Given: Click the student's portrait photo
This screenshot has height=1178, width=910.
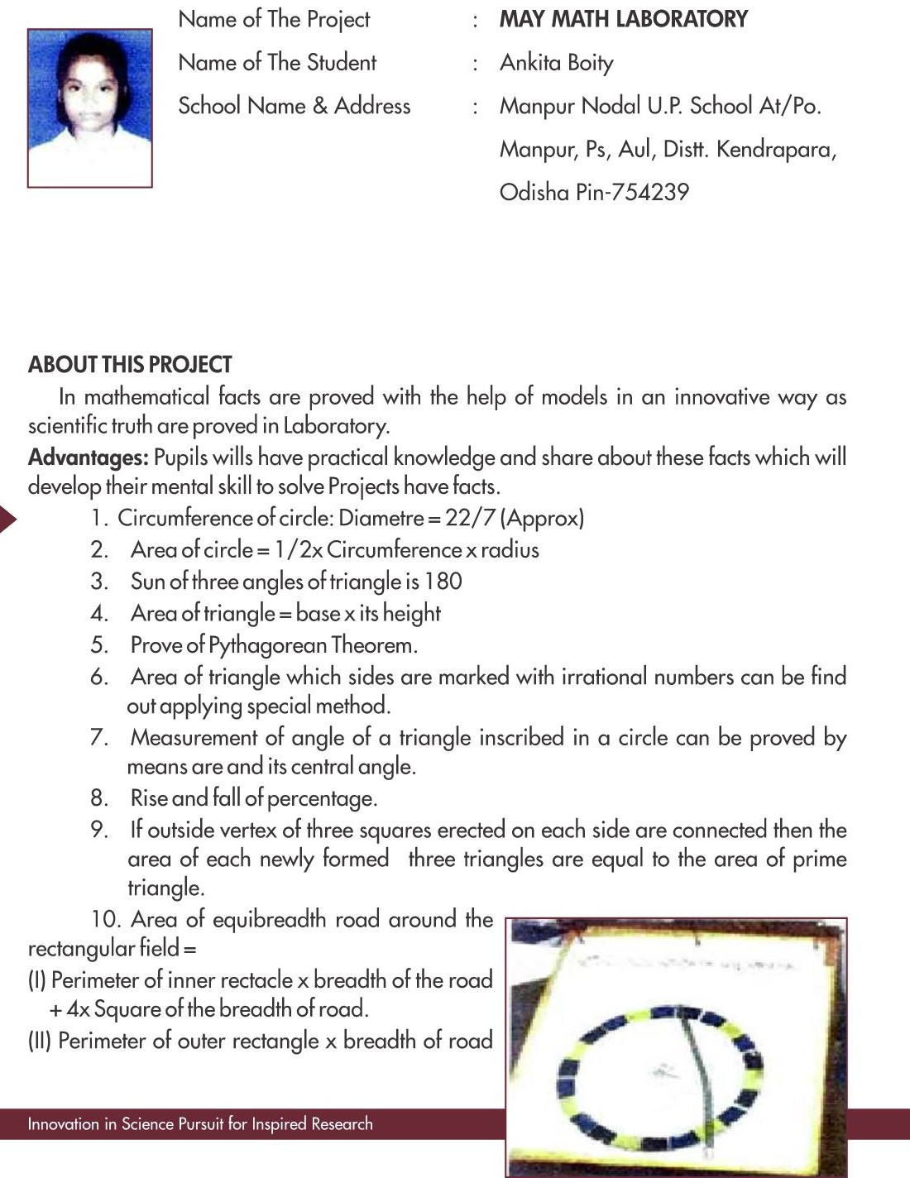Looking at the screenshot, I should click(89, 108).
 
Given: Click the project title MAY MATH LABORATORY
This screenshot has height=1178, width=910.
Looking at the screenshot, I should click(623, 19).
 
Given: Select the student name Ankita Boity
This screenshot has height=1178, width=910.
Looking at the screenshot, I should click(556, 63).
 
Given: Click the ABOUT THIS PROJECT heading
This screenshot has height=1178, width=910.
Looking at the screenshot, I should click(130, 365).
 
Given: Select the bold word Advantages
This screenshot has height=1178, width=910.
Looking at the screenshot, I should click(88, 457).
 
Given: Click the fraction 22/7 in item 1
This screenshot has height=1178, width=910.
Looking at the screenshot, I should click(470, 518).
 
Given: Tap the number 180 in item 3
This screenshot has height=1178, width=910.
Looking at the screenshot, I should click(443, 582).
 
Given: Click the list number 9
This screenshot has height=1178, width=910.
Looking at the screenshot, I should click(98, 830).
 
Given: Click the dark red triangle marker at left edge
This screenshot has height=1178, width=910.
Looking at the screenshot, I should click(7, 520).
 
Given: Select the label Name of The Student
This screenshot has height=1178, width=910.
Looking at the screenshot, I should click(277, 63).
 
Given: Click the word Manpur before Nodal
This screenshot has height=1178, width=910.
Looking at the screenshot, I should click(537, 106).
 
